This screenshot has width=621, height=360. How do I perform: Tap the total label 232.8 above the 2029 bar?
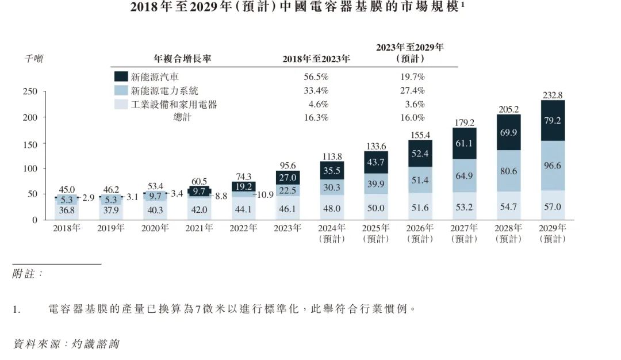553,95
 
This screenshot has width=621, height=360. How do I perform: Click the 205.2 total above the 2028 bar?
508,109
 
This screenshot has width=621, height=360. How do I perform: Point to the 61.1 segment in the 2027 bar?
465,143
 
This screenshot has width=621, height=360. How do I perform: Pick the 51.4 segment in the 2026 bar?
420,181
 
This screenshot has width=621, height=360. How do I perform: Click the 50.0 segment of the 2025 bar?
376,208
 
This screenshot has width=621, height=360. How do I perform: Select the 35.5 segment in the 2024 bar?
332,170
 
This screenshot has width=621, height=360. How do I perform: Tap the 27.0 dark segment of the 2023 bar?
287,178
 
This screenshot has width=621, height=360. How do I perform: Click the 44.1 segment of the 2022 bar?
244,208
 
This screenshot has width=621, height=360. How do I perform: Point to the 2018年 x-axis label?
67,228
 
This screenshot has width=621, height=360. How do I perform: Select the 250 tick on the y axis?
30,91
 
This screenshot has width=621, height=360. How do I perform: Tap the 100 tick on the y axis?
30,168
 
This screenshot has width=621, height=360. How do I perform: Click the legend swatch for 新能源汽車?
121,76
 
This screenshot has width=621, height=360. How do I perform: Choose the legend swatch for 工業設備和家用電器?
121,104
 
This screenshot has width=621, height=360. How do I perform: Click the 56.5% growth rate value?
316,76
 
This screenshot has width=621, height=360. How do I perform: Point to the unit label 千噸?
33,58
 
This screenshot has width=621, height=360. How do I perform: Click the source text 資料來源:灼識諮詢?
66,343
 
